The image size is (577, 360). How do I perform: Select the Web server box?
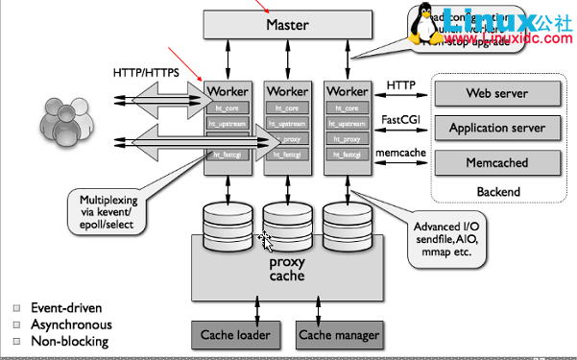[496, 94]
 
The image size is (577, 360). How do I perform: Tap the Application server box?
[496, 128]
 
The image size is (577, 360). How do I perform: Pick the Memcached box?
[496, 162]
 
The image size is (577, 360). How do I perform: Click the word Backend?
[497, 191]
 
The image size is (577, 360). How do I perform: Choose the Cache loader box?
[235, 335]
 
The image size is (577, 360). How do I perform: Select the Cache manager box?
[339, 335]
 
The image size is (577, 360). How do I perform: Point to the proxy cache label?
[287, 269]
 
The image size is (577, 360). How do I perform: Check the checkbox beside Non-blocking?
[15, 341]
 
